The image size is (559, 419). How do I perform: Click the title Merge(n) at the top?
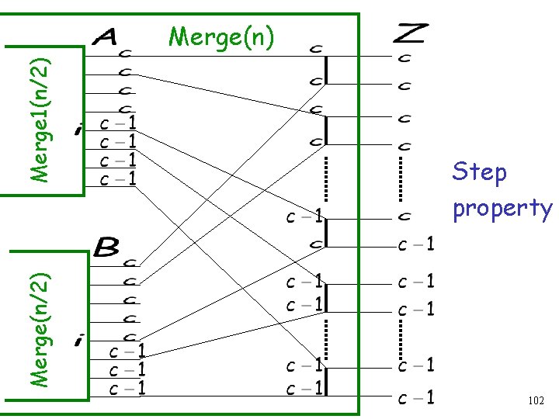point(221,36)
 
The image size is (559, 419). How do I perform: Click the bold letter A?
point(106,36)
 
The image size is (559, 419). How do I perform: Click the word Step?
point(479,171)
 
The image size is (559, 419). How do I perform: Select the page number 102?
point(535,401)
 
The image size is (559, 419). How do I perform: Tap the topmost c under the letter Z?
point(404,57)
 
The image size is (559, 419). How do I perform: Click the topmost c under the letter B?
point(130,264)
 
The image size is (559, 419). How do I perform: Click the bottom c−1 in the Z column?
point(416,399)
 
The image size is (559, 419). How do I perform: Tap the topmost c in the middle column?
point(316,49)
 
